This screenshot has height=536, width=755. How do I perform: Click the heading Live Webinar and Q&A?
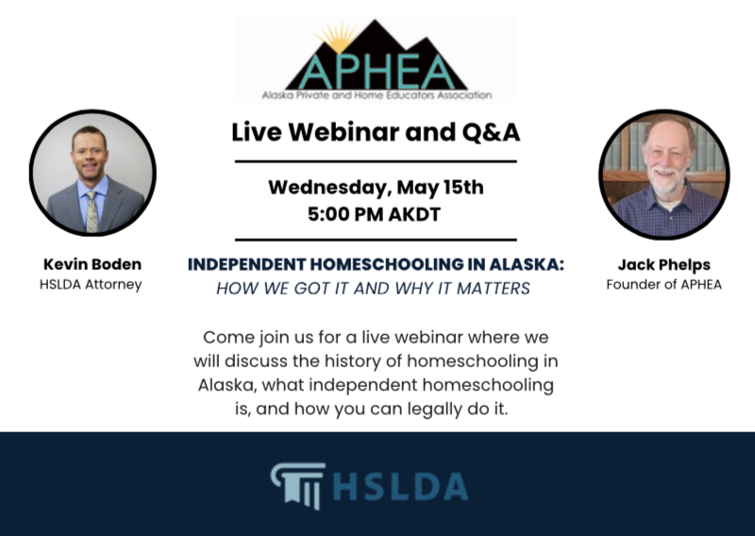pos(376,132)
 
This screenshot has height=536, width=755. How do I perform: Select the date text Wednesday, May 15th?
pos(376,186)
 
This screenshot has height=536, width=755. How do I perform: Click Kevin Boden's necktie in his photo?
pos(92,209)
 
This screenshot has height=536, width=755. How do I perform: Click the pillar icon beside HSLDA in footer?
pos(298,485)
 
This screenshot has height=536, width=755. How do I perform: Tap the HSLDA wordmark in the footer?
pos(400,486)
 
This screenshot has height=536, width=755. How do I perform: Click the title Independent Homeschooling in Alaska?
pos(376,265)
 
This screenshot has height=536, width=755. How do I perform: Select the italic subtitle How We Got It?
pos(373,288)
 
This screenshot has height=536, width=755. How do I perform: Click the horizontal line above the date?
pos(375,161)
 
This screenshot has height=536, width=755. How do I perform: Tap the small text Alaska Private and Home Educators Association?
pos(377,95)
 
